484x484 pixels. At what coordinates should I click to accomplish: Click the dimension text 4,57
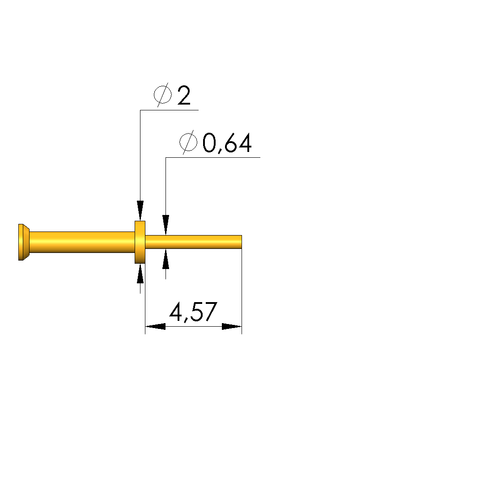pyautogui.click(x=193, y=312)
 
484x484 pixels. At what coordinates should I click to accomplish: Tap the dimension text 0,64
pyautogui.click(x=227, y=143)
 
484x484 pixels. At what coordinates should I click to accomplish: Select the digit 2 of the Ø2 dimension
pyautogui.click(x=184, y=95)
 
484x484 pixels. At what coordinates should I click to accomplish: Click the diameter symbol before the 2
pyautogui.click(x=163, y=95)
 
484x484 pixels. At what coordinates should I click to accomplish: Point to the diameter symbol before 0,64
pyautogui.click(x=188, y=142)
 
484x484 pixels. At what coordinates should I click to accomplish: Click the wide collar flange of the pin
pyautogui.click(x=140, y=242)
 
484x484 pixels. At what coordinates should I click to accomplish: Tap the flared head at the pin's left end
pyautogui.click(x=24, y=242)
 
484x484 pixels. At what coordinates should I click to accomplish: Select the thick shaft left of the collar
pyautogui.click(x=82, y=242)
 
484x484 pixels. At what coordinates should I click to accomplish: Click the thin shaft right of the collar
pyautogui.click(x=193, y=242)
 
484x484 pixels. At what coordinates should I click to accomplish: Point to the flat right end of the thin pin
pyautogui.click(x=242, y=242)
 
